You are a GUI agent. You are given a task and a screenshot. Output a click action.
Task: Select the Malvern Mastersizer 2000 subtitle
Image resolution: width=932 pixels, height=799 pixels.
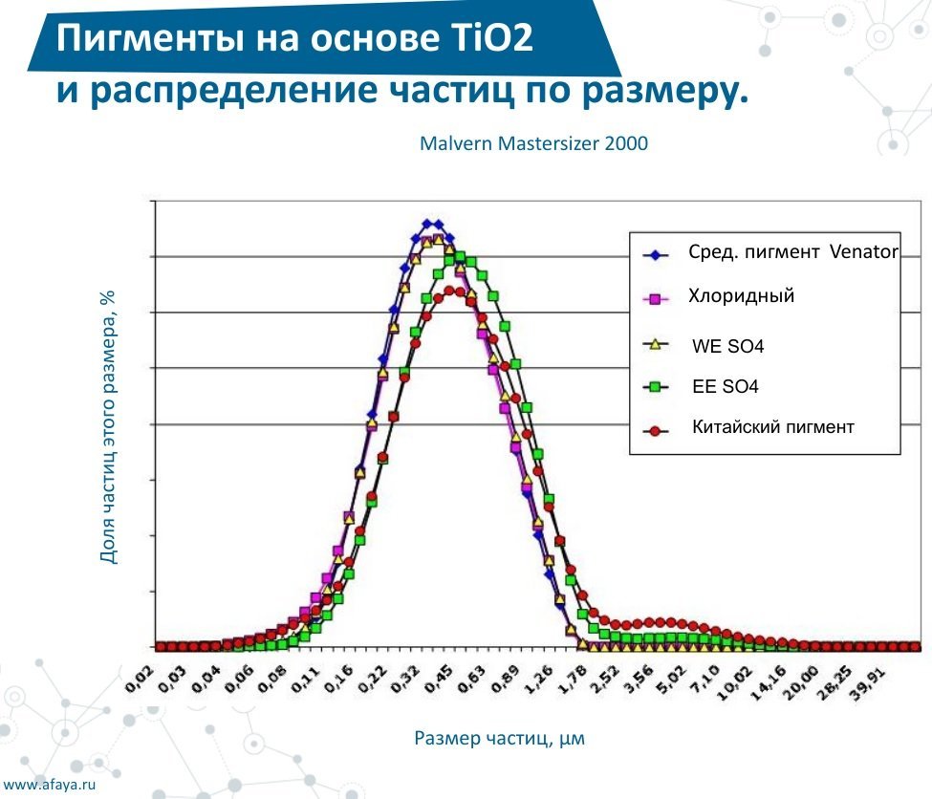(533, 144)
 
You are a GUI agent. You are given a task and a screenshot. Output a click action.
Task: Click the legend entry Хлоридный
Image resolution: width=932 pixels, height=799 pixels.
(741, 296)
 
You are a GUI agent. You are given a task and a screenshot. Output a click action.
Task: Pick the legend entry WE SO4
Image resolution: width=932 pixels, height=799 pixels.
(727, 346)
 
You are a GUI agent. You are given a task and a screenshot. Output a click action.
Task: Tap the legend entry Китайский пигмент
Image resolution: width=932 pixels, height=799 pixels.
(772, 428)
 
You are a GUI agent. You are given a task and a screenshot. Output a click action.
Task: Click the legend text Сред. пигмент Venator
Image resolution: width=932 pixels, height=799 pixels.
(792, 253)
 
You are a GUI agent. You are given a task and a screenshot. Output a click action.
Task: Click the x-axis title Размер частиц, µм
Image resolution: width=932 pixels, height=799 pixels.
(500, 739)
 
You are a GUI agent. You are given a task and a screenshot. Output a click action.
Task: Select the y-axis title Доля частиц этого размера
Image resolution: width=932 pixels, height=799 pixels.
(108, 426)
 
